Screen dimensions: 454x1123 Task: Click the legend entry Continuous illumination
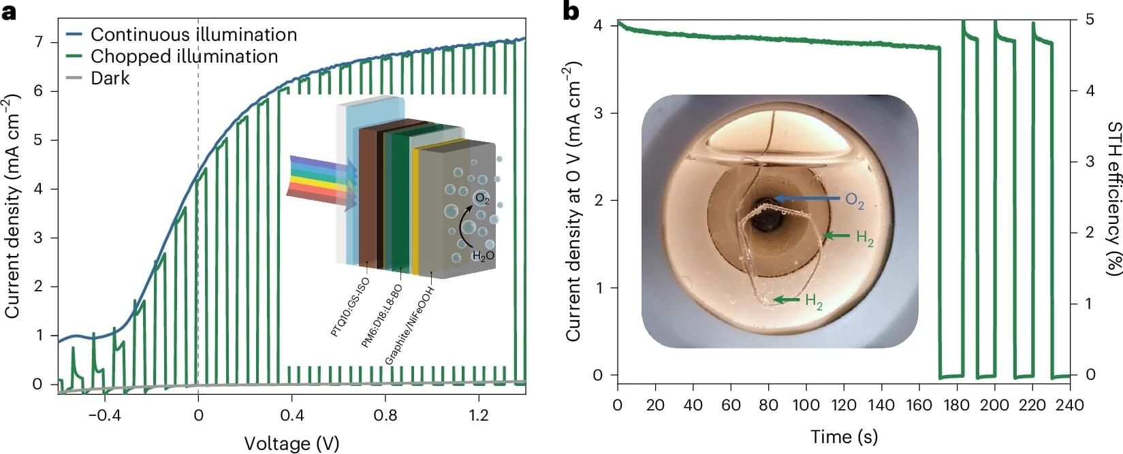point(193,34)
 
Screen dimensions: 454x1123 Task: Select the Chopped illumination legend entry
point(184,56)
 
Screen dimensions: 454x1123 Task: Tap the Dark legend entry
point(110,78)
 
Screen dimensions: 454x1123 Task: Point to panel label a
point(9,11)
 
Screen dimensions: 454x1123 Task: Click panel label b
point(571,11)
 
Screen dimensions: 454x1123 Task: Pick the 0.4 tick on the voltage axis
point(291,415)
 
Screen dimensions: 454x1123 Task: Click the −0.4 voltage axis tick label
point(101,415)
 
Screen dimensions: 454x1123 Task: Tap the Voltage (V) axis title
point(291,443)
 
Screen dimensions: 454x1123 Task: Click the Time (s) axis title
point(844,436)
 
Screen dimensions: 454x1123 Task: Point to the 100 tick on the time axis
point(806,406)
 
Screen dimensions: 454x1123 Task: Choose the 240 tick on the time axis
point(1069,406)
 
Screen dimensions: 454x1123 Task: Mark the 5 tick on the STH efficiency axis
point(1090,20)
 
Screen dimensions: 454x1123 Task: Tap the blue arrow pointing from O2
point(808,198)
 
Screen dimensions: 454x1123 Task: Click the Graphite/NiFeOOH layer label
point(409,325)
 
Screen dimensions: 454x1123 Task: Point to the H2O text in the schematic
point(483,256)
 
